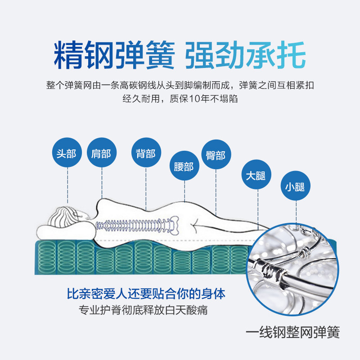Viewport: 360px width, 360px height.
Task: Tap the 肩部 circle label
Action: tap(101, 153)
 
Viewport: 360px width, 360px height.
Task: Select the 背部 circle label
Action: tap(145, 153)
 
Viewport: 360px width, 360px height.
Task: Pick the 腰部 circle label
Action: tap(184, 166)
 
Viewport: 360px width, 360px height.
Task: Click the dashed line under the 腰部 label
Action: tap(184, 191)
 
